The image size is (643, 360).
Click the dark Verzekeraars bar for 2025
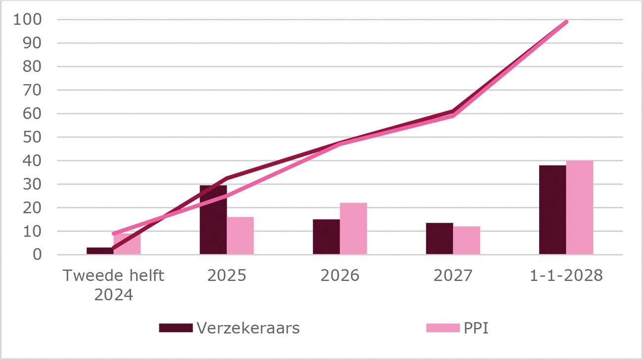[213, 220]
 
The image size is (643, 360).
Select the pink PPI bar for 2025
[241, 236]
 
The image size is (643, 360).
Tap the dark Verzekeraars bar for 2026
[326, 237]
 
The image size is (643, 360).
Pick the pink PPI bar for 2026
[353, 229]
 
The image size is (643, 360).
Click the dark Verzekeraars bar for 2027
[440, 239]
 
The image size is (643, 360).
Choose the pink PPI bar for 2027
[467, 241]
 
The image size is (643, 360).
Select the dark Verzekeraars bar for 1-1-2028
[552, 210]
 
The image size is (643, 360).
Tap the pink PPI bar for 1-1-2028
[580, 207]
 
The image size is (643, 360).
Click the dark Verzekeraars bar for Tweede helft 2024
[100, 251]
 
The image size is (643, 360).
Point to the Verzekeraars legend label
[248, 328]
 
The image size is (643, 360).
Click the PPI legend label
[476, 328]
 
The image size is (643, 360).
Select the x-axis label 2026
[340, 276]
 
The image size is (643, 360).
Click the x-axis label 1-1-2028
[566, 276]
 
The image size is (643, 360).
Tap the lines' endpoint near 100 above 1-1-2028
[566, 22]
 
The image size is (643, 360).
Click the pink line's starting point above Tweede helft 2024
[114, 233]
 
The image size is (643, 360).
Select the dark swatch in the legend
[176, 328]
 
